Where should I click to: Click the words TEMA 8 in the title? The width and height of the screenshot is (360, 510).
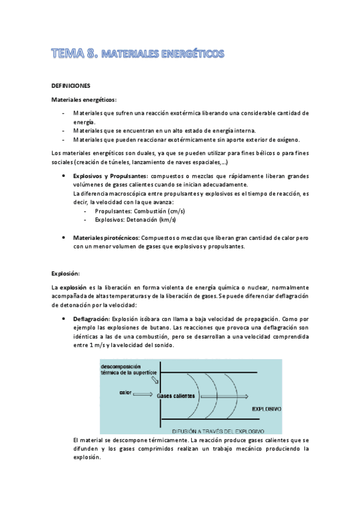[x=74, y=54]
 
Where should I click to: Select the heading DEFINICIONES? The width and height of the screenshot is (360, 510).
[x=71, y=86]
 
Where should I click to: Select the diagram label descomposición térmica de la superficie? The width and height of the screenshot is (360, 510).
[x=129, y=369]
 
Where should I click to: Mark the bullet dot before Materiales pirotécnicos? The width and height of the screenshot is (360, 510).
[x=64, y=238]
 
